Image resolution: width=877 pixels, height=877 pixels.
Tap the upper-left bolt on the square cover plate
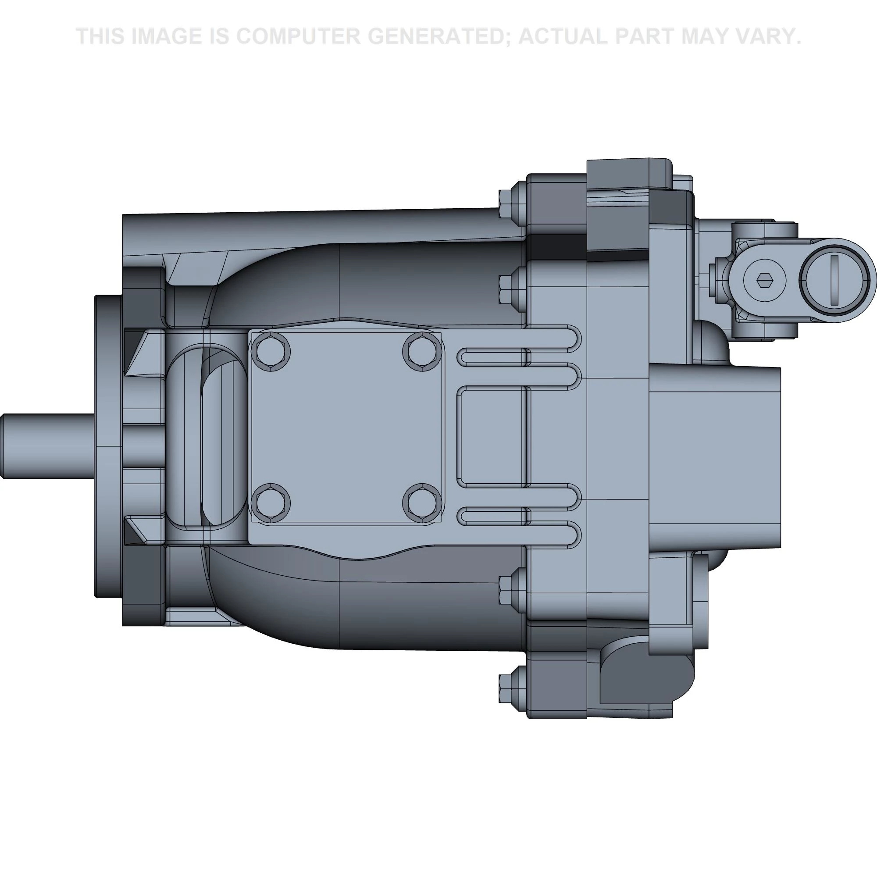tap(273, 351)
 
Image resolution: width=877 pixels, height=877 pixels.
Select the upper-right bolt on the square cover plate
tap(422, 351)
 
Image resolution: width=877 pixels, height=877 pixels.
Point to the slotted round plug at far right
tap(837, 280)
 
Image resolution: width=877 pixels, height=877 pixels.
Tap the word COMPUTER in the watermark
tap(298, 36)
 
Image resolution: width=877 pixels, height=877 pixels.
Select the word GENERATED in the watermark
tap(439, 36)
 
